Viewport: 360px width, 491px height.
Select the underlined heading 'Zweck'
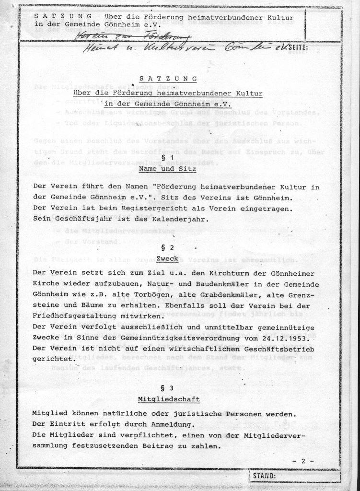167,259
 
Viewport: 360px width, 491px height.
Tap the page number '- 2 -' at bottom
302,461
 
